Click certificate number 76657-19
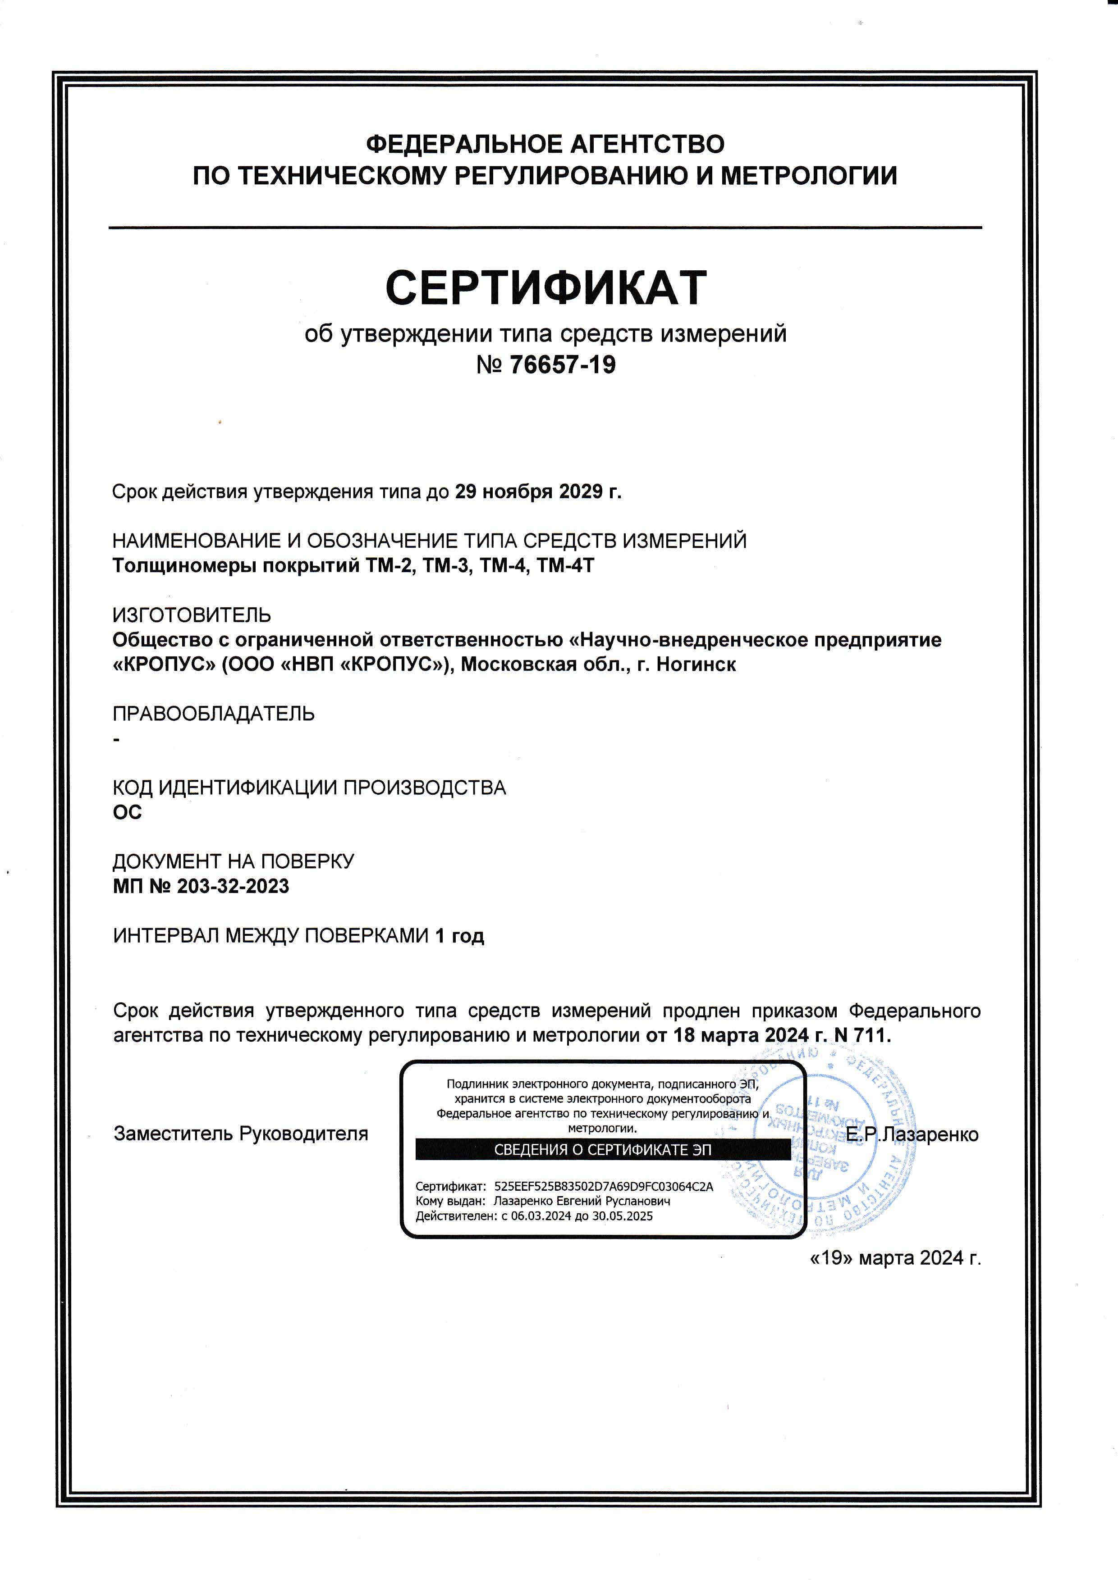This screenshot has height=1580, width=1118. [563, 365]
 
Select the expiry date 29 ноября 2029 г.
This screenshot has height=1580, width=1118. [538, 492]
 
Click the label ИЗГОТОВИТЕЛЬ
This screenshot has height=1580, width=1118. [192, 615]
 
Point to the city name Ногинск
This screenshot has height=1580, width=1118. [696, 665]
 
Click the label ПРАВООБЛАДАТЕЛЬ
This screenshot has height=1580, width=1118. [213, 714]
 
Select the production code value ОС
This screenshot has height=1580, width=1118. [128, 812]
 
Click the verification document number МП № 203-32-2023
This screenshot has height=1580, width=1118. [201, 886]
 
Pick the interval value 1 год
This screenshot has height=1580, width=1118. [459, 936]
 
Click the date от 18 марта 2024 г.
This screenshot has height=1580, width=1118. [727, 1035]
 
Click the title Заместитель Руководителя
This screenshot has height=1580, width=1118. [241, 1134]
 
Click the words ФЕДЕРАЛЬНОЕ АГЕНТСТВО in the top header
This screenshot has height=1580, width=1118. [545, 145]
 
